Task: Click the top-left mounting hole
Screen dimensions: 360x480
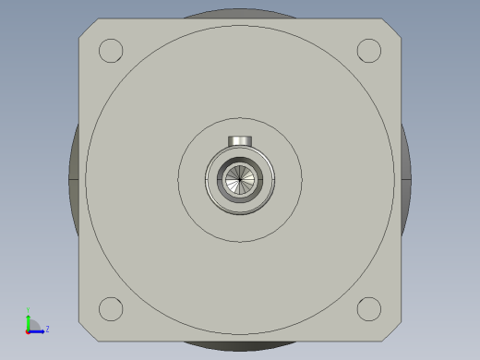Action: (111, 50)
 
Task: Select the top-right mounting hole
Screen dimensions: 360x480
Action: (369, 50)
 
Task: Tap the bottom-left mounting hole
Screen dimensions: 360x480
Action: (111, 308)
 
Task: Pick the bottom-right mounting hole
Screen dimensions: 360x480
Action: (369, 308)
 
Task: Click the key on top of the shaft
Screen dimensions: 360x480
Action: (240, 141)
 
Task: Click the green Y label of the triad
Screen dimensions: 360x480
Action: (29, 310)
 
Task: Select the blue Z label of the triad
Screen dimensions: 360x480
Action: (47, 329)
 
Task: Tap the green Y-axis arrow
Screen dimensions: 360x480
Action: (29, 320)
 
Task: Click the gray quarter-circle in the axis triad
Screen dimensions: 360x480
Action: (33, 325)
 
